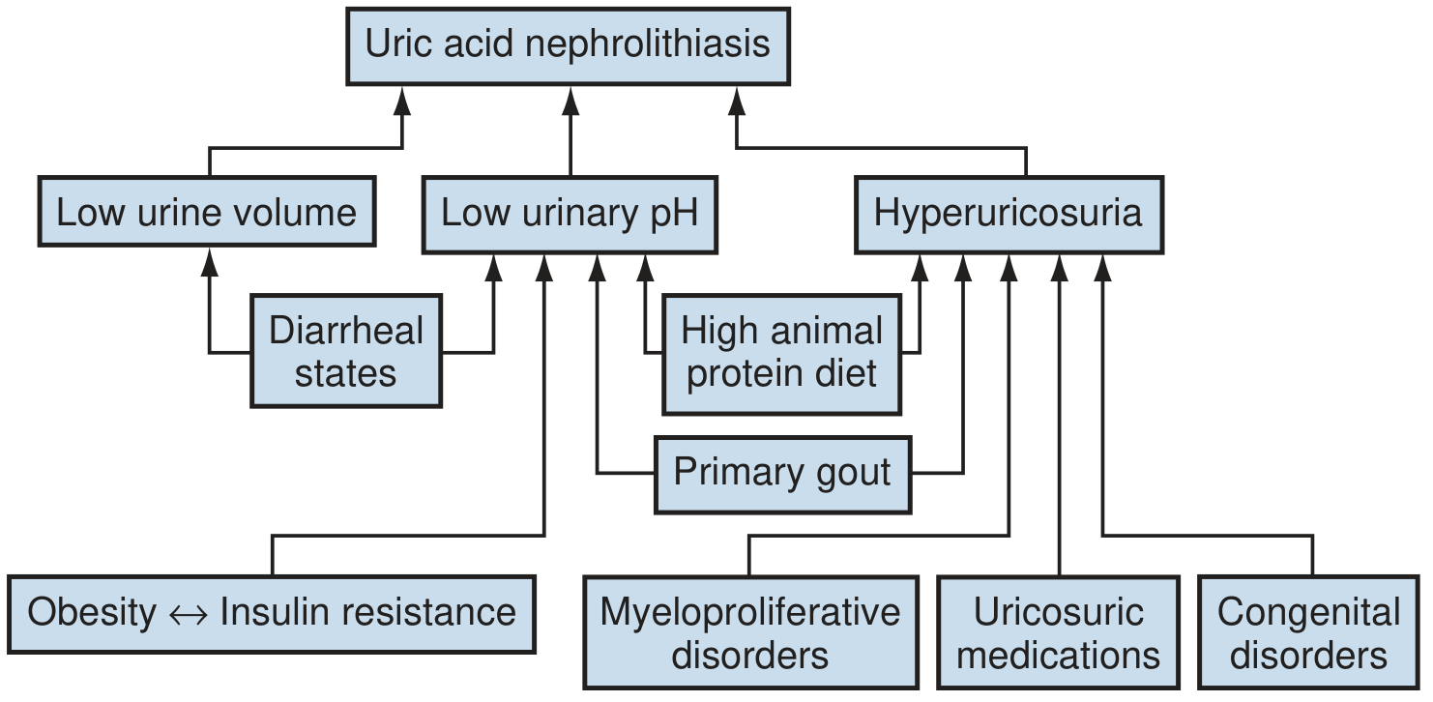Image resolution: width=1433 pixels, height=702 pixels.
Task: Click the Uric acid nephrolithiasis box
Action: (x=569, y=45)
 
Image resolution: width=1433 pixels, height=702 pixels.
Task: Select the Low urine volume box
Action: (x=207, y=212)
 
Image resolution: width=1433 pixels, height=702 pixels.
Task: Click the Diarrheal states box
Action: (x=346, y=351)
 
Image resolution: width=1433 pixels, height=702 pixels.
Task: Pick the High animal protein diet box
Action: (x=781, y=352)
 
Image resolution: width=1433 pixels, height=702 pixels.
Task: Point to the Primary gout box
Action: (x=782, y=473)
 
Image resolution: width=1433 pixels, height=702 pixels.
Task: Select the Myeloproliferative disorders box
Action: (x=750, y=632)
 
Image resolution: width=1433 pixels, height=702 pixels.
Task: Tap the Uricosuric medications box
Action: (x=1059, y=632)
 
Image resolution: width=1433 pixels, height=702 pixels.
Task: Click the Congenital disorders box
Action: (x=1309, y=632)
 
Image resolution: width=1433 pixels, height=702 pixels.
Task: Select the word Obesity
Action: (x=92, y=613)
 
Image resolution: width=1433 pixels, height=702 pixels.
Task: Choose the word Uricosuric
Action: (x=1059, y=612)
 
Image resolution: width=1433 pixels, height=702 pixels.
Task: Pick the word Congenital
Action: (x=1309, y=612)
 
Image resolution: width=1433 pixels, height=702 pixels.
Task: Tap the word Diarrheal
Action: (x=346, y=331)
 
